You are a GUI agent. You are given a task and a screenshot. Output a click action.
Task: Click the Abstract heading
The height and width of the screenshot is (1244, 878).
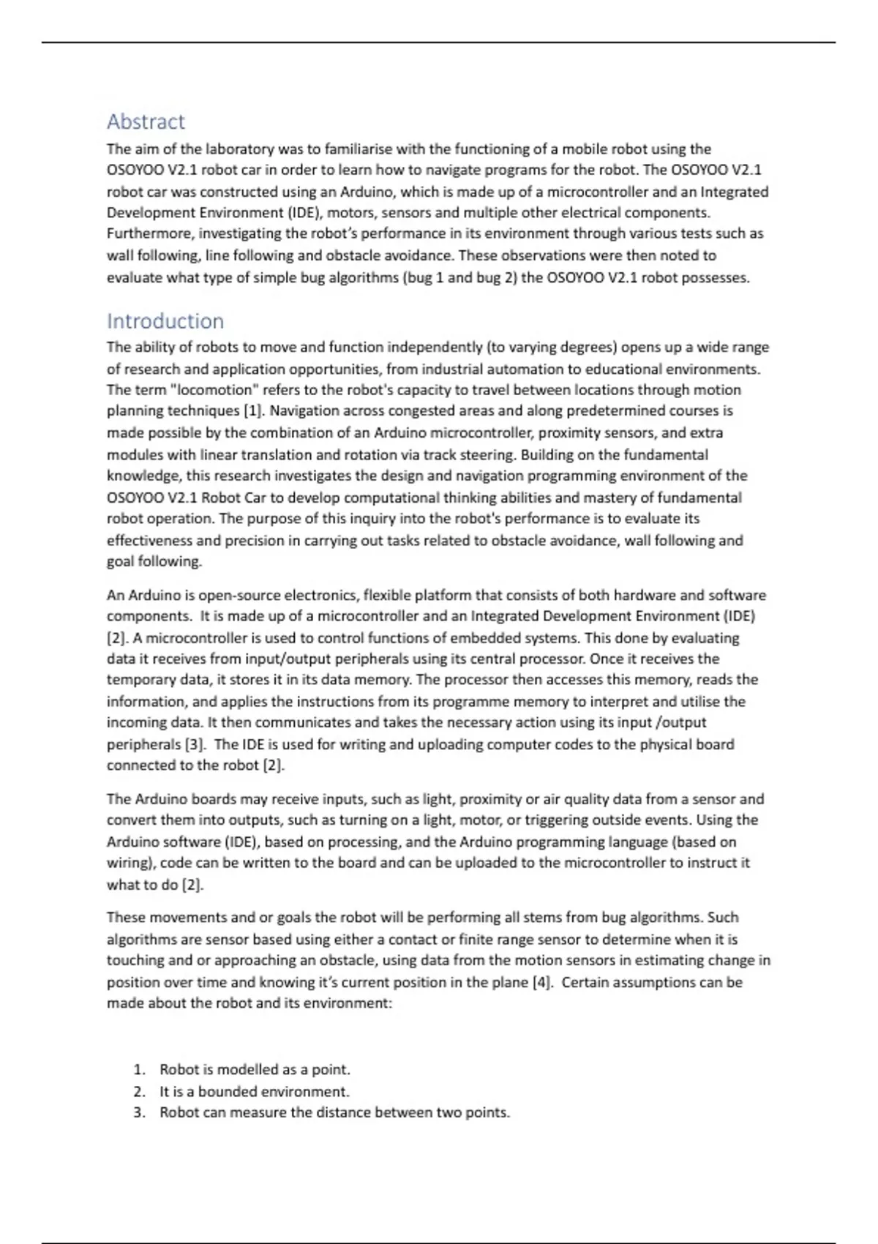(x=146, y=121)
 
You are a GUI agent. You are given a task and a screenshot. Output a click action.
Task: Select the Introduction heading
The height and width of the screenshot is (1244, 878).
(x=165, y=321)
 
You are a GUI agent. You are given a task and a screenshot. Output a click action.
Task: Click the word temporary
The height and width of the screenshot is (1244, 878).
(x=142, y=680)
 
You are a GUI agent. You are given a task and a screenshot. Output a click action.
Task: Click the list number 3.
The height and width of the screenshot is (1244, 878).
(x=139, y=1113)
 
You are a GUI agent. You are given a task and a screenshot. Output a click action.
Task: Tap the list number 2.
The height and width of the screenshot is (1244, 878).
(x=139, y=1092)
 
